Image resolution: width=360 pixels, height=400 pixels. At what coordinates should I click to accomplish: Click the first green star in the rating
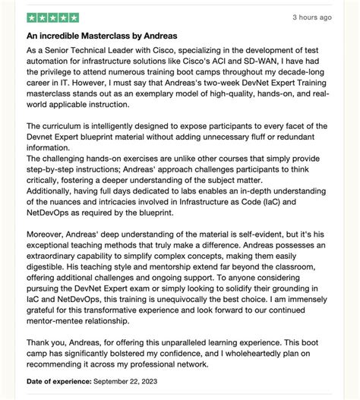tap(32, 17)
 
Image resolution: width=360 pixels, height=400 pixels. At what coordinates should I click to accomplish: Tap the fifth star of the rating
tap(73, 17)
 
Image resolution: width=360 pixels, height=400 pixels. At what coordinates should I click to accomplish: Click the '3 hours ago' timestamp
tap(311, 17)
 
